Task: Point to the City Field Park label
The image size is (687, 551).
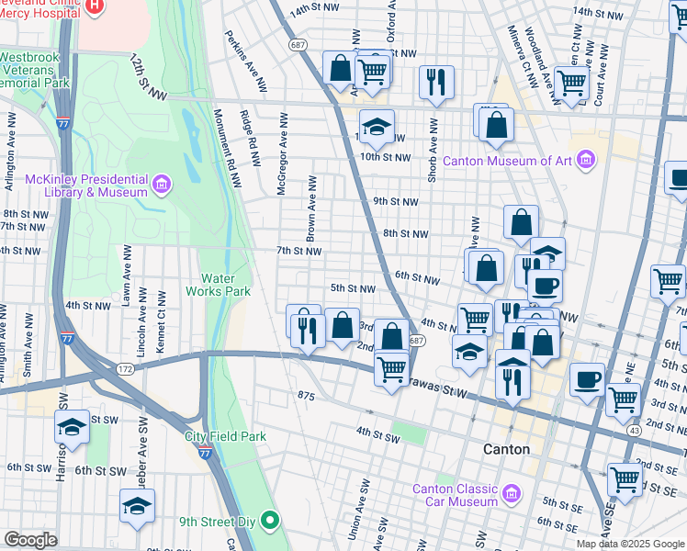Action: [x=225, y=436]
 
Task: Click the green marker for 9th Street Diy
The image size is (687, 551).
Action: [x=269, y=522]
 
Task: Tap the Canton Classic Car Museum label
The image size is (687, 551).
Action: [x=455, y=495]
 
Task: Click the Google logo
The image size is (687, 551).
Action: [x=30, y=540]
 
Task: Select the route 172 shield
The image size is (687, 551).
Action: [x=126, y=368]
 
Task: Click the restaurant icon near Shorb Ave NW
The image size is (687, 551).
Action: [x=436, y=82]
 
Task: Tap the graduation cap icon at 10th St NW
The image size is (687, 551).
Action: [x=376, y=128]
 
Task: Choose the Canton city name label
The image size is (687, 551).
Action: [x=506, y=449]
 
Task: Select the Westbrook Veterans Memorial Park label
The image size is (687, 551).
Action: [x=35, y=70]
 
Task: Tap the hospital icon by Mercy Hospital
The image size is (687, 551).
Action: [x=95, y=6]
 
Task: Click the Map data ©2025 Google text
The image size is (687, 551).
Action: [x=631, y=544]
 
